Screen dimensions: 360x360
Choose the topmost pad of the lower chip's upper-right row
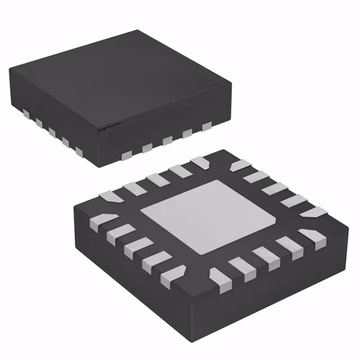point(241,165)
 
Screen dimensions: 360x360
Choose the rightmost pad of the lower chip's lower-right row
point(311,236)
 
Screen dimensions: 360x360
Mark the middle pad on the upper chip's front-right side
point(166,141)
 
